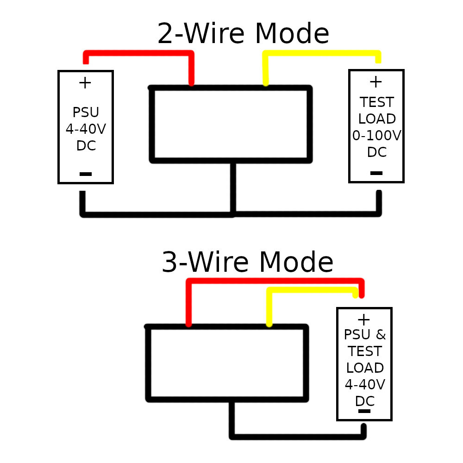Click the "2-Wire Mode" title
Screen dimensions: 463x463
[x=243, y=34]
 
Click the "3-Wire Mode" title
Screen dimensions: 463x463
[x=247, y=263]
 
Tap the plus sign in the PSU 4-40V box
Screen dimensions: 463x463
[x=85, y=83]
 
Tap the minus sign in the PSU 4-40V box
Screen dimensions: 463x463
[x=86, y=174]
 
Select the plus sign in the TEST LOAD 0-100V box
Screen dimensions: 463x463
[x=375, y=82]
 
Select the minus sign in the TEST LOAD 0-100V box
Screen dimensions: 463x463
[x=376, y=173]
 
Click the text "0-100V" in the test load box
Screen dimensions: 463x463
[x=376, y=136]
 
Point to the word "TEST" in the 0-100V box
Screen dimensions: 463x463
[x=377, y=102]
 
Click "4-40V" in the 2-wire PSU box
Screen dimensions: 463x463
[x=86, y=129]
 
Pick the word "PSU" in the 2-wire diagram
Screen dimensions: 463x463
[x=86, y=113]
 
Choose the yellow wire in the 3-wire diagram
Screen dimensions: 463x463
[x=310, y=290]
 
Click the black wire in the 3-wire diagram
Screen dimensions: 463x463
[x=296, y=436]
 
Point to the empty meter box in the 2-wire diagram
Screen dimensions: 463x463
[x=231, y=124]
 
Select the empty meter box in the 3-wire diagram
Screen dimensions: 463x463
[x=227, y=363]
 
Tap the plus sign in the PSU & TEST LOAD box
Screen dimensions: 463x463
[x=364, y=319]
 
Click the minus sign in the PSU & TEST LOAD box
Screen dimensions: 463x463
[x=364, y=411]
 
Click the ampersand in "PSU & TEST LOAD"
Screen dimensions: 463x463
[x=381, y=334]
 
